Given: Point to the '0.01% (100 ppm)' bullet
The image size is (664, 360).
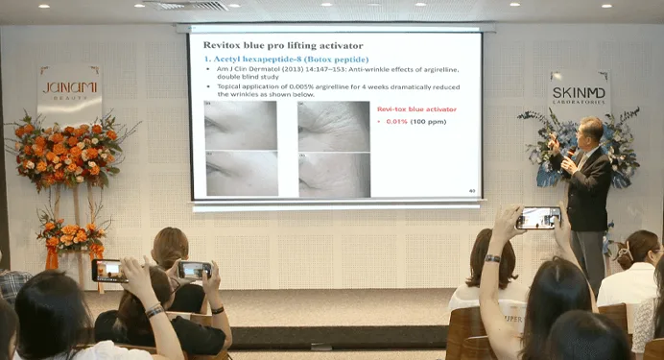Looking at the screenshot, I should (411, 122).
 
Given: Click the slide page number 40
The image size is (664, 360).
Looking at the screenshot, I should (471, 191).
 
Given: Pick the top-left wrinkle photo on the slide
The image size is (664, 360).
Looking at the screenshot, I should (241, 125).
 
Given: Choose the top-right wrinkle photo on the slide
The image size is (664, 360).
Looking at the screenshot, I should (333, 125).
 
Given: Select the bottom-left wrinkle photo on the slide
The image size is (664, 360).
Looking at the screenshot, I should (241, 174).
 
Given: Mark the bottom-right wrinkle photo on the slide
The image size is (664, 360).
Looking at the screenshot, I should (333, 175).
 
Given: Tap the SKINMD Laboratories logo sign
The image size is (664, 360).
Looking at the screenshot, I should (578, 93).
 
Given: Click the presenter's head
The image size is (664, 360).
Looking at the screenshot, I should (590, 131).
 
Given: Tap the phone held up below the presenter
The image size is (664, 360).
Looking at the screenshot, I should (537, 218).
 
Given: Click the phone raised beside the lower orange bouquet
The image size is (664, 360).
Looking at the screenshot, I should (108, 271).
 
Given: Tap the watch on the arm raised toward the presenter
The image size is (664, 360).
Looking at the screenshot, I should (492, 258).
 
